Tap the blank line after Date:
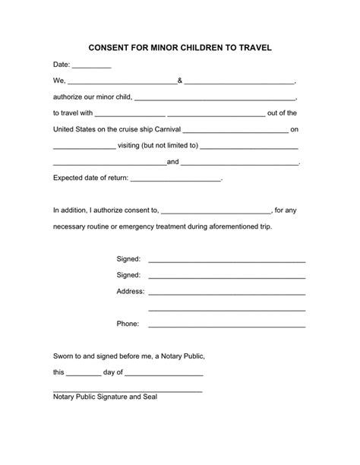[92, 67]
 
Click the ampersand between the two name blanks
[180, 80]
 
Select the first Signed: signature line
[226, 261]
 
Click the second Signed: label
[128, 275]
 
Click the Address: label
[130, 292]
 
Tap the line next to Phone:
[226, 325]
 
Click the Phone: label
[128, 324]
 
